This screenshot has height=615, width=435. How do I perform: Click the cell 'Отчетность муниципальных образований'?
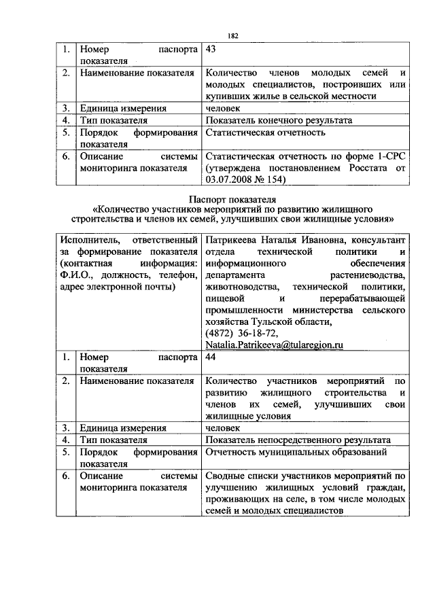[x=296, y=452]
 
